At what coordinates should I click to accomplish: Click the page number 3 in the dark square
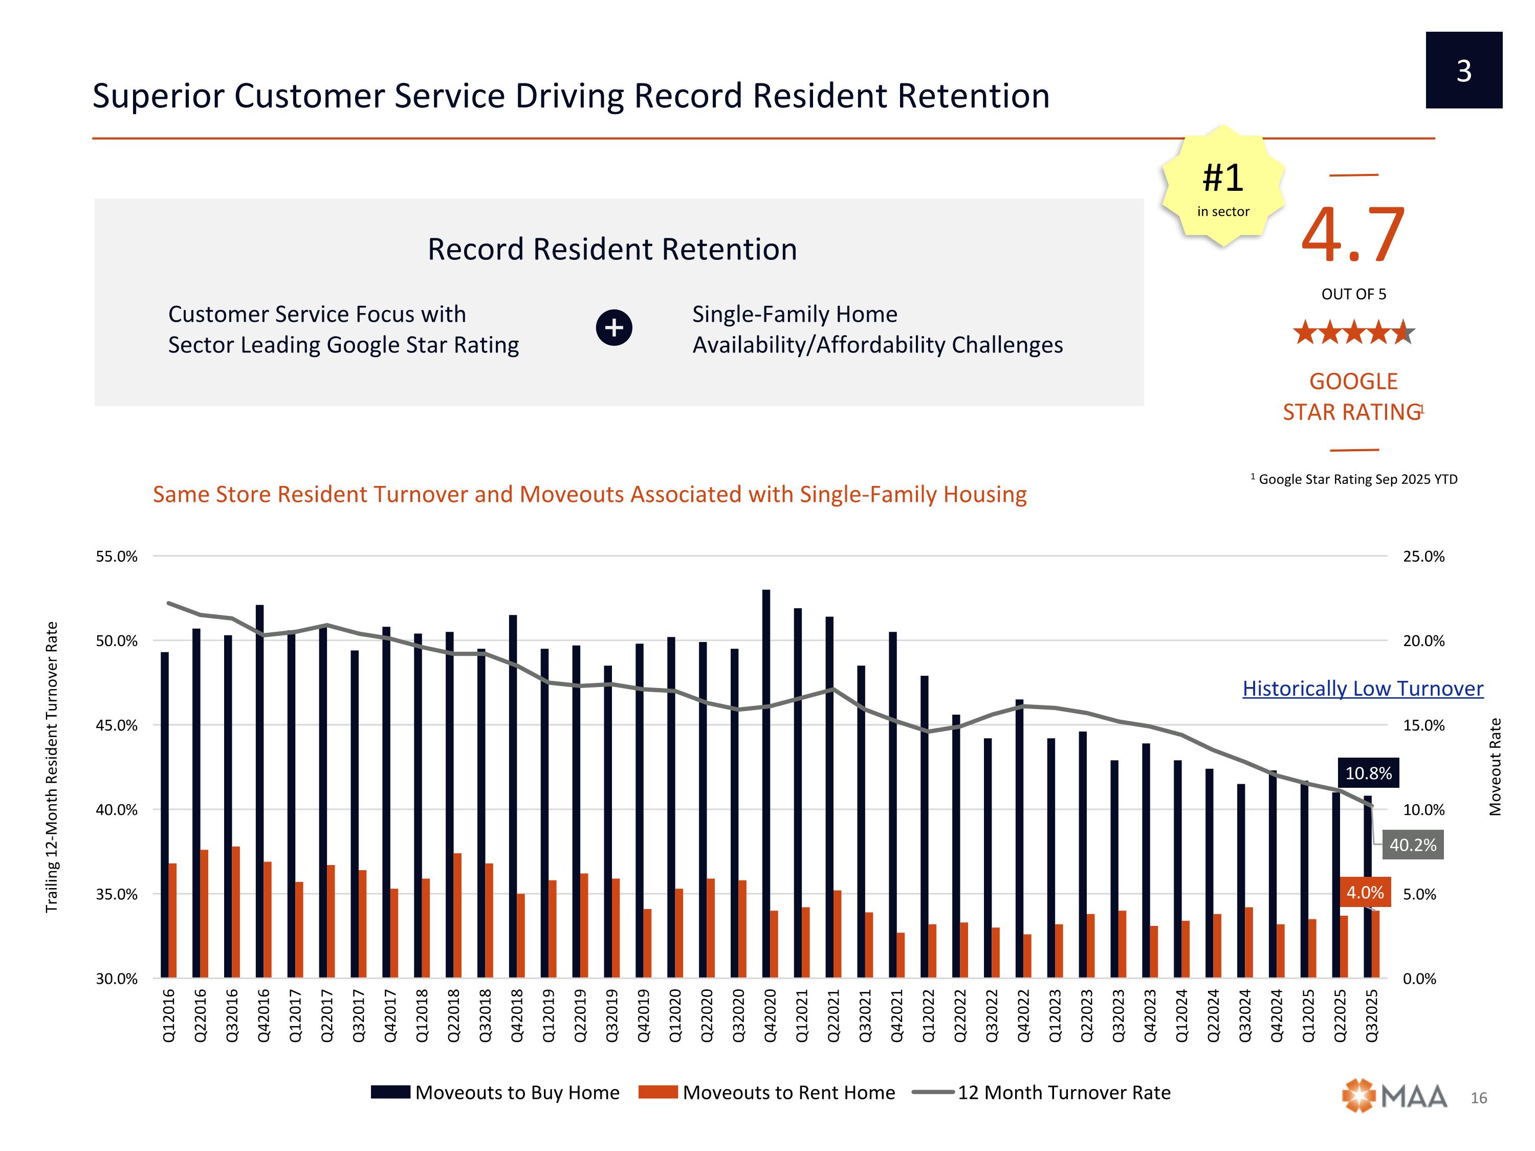(1463, 70)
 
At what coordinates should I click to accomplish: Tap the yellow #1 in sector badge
(1223, 186)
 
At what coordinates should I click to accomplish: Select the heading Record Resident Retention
(612, 249)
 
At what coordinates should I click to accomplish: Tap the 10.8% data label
(1368, 773)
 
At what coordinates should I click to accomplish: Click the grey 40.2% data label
(1412, 845)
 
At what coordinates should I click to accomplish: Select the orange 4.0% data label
(1364, 892)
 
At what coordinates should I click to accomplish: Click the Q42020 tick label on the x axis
(770, 1015)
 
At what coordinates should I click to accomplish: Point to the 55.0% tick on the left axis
(117, 557)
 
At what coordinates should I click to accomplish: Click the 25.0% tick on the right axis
(1423, 557)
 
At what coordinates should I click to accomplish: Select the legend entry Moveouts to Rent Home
(788, 1092)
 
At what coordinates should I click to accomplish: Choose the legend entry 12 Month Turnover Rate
(1063, 1092)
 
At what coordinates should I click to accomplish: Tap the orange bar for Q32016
(236, 912)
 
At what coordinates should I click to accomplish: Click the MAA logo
(1394, 1096)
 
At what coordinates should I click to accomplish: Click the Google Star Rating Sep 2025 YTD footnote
(1356, 479)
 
